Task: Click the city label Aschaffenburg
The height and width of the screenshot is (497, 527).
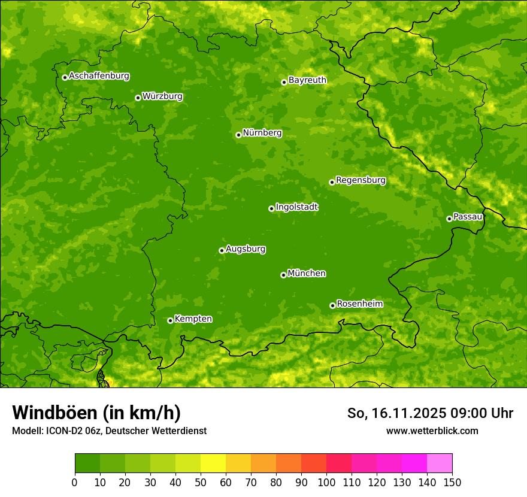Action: [99, 76]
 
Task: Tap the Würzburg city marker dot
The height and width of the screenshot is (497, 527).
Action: [138, 98]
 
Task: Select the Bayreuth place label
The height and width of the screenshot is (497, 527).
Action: [307, 80]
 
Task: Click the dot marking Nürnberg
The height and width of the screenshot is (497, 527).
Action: [238, 135]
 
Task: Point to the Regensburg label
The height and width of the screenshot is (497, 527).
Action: [361, 180]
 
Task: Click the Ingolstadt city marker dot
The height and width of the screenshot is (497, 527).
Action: [271, 208]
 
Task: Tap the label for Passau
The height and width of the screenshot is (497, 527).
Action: [468, 217]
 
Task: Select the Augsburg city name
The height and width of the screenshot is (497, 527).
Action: [246, 249]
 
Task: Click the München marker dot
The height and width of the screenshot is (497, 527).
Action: [283, 275]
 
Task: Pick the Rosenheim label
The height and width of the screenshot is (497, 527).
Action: [359, 304]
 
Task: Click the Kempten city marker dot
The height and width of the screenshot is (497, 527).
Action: [170, 320]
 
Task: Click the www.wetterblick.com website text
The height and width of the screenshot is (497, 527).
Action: [432, 431]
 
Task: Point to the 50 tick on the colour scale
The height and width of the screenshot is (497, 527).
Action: [201, 482]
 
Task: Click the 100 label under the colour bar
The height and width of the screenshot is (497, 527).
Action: [326, 482]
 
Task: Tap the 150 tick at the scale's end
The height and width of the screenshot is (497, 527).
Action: [452, 482]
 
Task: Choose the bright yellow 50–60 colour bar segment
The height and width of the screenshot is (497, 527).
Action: [213, 463]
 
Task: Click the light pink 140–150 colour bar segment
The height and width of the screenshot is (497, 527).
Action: [440, 463]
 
